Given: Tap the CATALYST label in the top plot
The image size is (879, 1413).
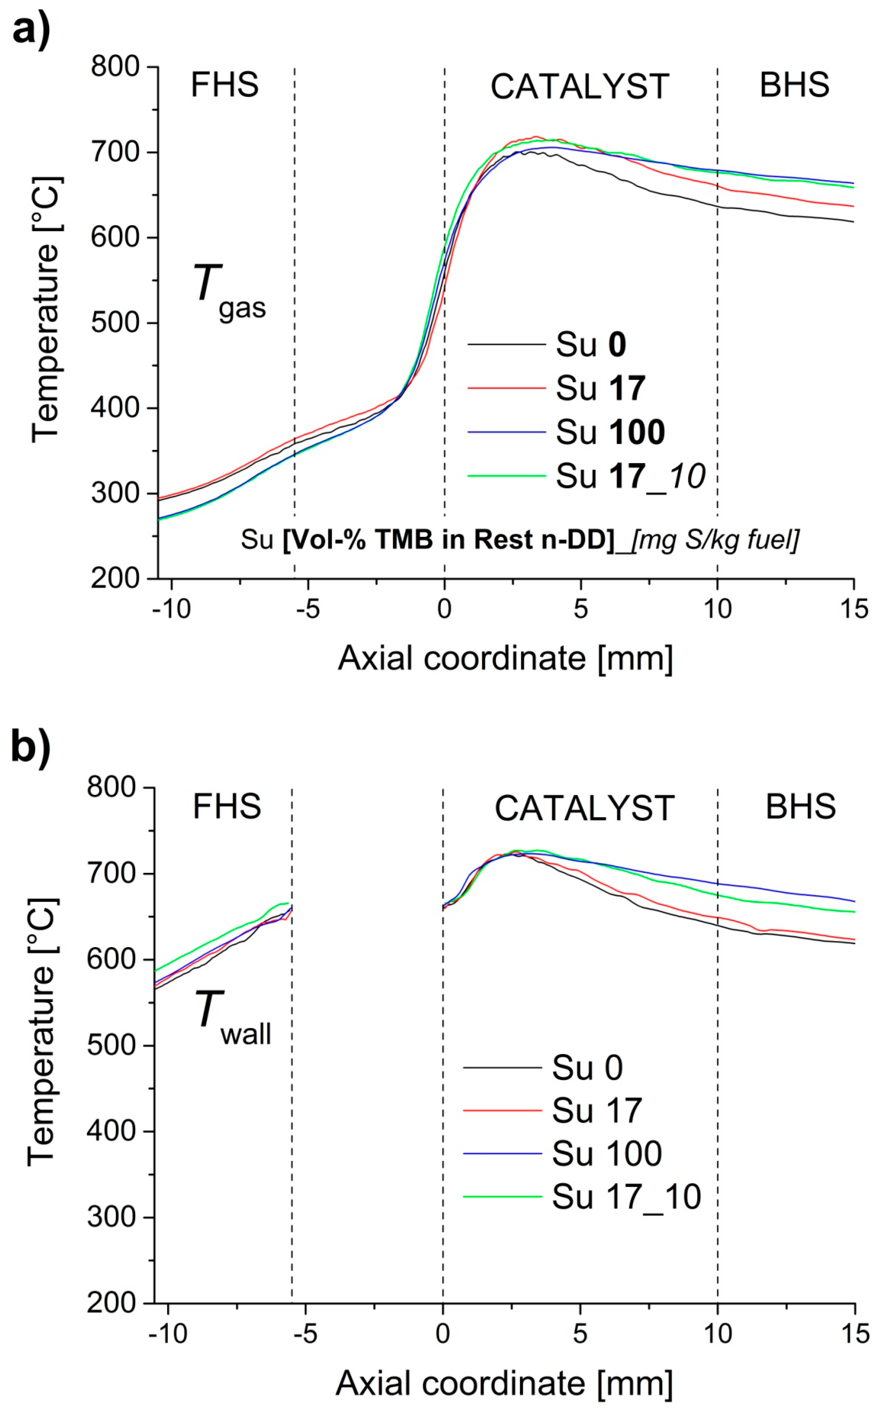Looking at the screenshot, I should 580,87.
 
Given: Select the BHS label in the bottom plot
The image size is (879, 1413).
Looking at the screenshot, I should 800,807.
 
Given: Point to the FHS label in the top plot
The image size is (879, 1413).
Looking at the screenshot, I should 224,86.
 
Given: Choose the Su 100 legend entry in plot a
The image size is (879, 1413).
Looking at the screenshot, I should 610,432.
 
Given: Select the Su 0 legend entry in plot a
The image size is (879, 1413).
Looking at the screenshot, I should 591,344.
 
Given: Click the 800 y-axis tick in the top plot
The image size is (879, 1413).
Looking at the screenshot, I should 115,67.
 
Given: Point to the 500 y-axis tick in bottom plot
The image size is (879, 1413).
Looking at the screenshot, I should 112,1045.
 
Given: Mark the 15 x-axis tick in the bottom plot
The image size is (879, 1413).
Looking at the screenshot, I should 854,1333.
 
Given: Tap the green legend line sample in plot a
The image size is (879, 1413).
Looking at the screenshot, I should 506,476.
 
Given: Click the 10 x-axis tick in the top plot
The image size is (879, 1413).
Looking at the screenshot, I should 717,609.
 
